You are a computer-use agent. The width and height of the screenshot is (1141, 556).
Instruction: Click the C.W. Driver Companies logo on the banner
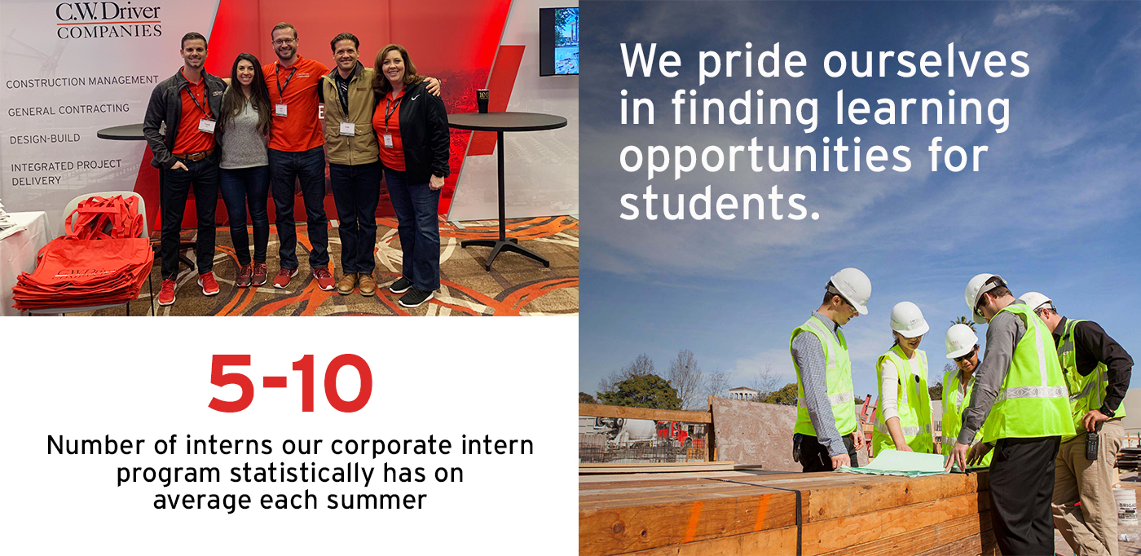point(108,21)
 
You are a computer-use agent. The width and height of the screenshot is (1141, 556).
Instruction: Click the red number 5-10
point(290,383)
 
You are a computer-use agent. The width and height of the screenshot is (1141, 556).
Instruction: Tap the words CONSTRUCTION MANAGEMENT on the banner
point(82,82)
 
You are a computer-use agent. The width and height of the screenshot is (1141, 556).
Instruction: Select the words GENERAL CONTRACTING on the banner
point(68,109)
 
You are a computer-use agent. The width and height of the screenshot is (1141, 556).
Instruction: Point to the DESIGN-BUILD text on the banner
point(45,139)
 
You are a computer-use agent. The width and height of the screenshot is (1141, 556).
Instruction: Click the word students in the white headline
point(720,203)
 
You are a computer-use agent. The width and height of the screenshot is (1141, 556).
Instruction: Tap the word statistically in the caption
point(302,473)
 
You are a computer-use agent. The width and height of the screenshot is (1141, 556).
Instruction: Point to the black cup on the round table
point(482,101)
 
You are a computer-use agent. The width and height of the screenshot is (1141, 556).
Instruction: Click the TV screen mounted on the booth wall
point(559,42)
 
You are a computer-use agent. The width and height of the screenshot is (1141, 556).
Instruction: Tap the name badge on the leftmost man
point(207,126)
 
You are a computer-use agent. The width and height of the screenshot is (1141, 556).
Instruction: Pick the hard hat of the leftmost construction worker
point(849,289)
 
